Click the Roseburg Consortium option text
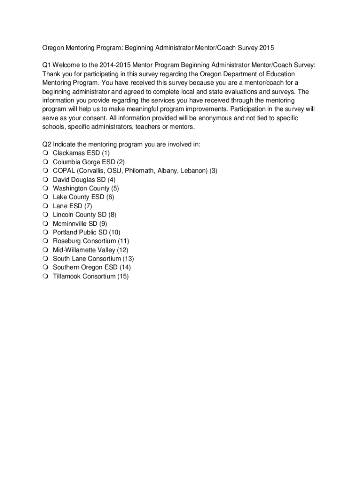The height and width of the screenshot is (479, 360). [x=84, y=241]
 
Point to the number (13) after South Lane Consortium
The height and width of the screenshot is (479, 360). [x=128, y=259]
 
